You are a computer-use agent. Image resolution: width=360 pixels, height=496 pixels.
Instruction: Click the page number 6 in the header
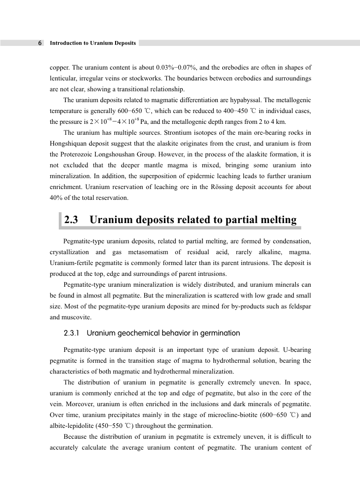(40, 43)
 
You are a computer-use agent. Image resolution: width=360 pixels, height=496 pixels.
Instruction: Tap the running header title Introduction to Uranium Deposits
(93, 43)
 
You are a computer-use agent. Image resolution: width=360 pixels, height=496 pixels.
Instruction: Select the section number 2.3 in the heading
(72, 221)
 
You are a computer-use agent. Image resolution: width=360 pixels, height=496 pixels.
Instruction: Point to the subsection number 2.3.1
(73, 333)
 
